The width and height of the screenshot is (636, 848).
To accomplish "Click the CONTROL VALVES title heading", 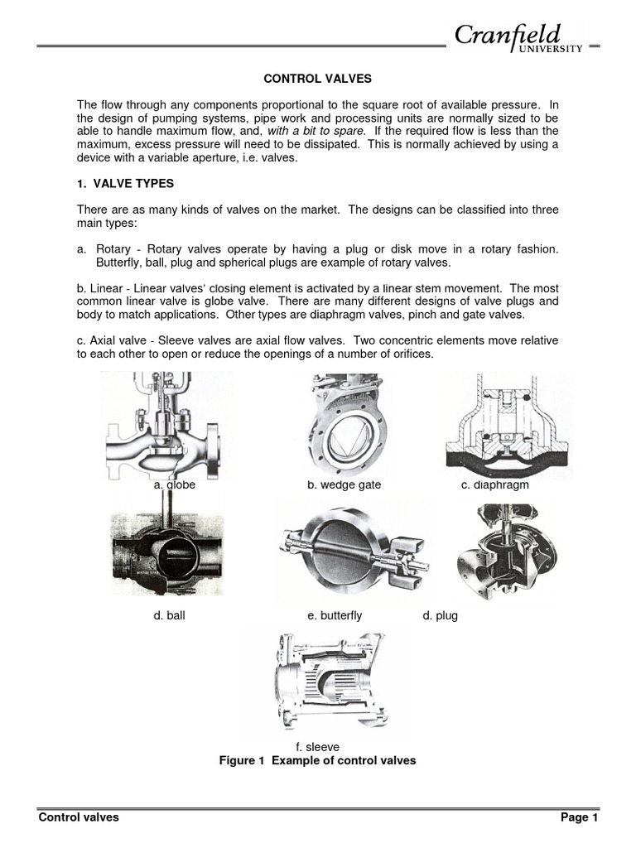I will [x=317, y=79].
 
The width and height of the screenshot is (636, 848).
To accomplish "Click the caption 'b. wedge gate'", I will [x=344, y=485].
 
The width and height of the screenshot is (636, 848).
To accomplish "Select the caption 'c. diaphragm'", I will [x=494, y=485].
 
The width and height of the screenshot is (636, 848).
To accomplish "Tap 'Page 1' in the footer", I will [x=579, y=817].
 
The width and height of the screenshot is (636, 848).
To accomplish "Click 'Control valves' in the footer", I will [x=79, y=817].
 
